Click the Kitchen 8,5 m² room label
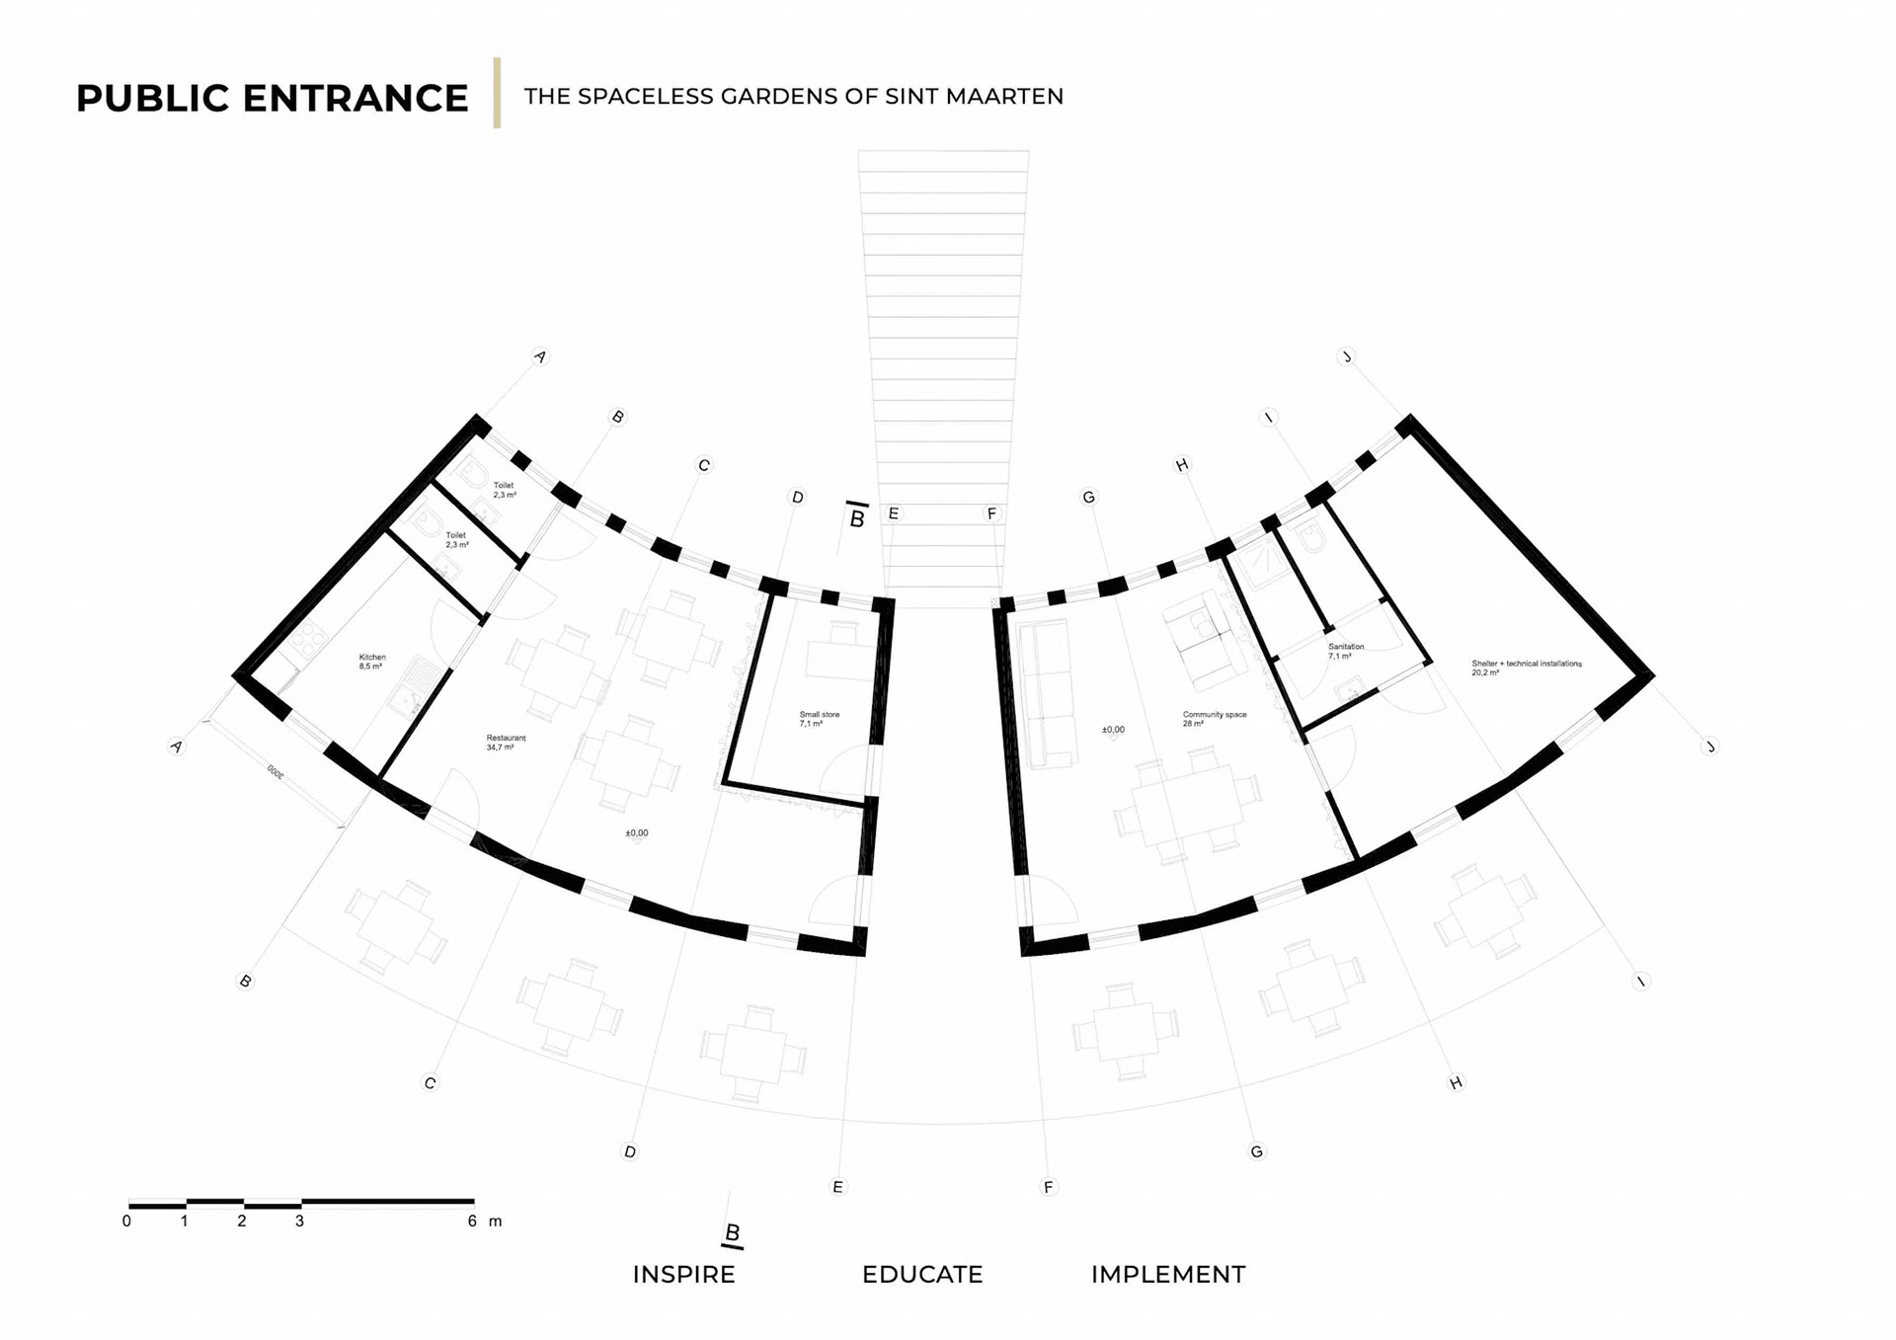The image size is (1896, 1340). [x=371, y=662]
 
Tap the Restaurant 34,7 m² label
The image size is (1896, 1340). [x=505, y=743]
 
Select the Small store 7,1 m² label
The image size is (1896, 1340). [x=819, y=719]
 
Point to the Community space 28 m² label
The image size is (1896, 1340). [x=1214, y=719]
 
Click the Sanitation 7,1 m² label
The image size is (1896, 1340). [x=1345, y=651]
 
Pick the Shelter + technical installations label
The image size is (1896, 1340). [x=1526, y=668]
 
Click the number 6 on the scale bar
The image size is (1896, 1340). [x=472, y=1222]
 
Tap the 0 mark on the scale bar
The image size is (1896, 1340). [x=126, y=1222]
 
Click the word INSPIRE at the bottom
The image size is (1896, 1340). [x=683, y=1275]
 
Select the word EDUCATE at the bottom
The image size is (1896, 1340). [x=922, y=1275]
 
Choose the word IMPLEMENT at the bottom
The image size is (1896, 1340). [x=1168, y=1275]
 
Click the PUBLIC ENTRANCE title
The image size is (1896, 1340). [x=272, y=98]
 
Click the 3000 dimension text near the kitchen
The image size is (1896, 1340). [x=276, y=772]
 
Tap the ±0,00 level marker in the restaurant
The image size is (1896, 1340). [x=637, y=833]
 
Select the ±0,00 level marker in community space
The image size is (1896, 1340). [x=1113, y=730]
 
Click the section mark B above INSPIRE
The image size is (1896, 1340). [x=733, y=1233]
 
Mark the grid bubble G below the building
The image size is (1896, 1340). [x=1256, y=1151]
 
